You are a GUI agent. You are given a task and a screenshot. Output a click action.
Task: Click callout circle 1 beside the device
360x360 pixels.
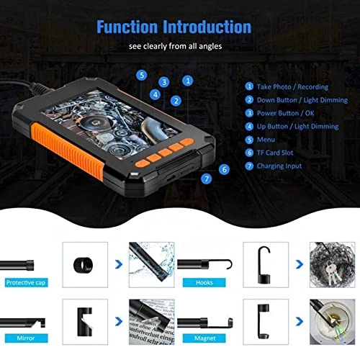tap(188, 81)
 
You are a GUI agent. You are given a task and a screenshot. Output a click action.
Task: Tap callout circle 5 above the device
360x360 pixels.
tap(142, 74)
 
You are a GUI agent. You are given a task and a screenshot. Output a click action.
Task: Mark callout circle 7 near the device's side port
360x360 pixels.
tap(207, 178)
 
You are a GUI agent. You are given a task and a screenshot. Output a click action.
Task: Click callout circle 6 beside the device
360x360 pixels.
tap(225, 168)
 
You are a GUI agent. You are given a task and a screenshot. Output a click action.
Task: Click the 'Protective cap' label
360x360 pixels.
tap(25, 283)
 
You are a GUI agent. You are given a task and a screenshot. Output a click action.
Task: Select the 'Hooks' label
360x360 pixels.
tap(204, 283)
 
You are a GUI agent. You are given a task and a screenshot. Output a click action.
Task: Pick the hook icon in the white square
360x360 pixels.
tap(264, 261)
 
